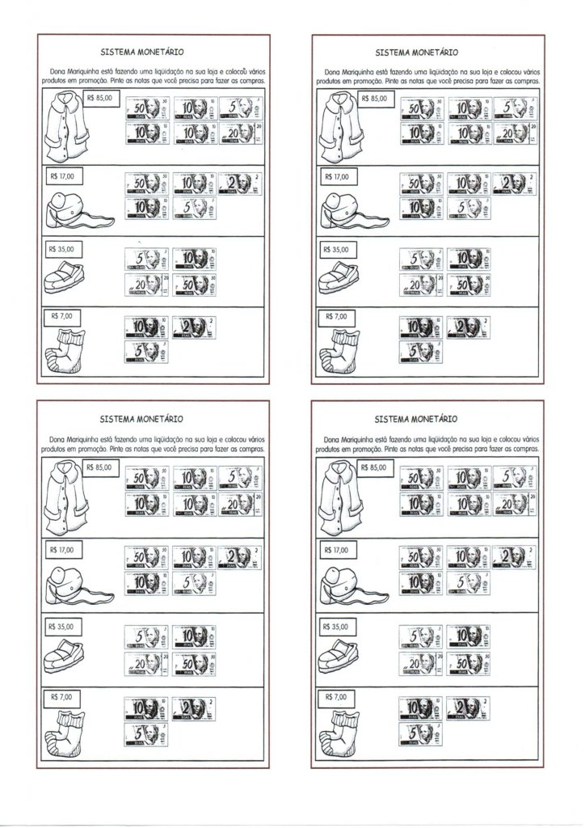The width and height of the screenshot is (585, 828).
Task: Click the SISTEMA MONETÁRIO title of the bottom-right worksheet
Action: click(x=418, y=420)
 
